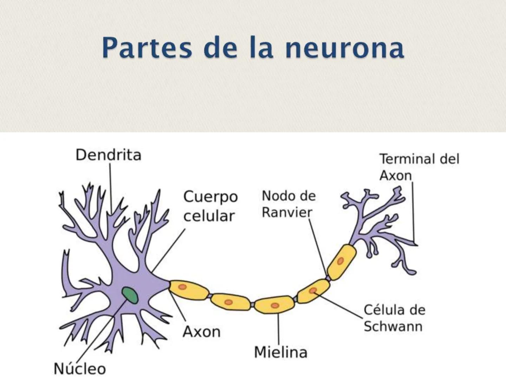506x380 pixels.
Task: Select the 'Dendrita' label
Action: (x=108, y=155)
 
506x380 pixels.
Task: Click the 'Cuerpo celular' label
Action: (x=210, y=206)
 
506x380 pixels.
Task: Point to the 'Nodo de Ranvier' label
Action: (x=288, y=204)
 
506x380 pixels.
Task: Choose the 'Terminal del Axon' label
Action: (x=419, y=167)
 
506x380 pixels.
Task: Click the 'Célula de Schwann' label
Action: (x=394, y=318)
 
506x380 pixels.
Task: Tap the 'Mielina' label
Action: (x=280, y=352)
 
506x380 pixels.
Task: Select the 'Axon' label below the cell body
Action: (x=201, y=331)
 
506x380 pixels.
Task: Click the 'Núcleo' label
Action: (x=79, y=369)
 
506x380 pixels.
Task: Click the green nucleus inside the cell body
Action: (x=130, y=295)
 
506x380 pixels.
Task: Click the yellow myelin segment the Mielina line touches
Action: (x=275, y=305)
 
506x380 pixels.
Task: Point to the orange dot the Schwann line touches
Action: (x=313, y=291)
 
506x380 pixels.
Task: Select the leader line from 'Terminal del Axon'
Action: (x=413, y=211)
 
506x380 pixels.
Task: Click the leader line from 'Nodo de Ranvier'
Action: (x=318, y=246)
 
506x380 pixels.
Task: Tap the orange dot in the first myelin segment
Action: (x=182, y=287)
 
